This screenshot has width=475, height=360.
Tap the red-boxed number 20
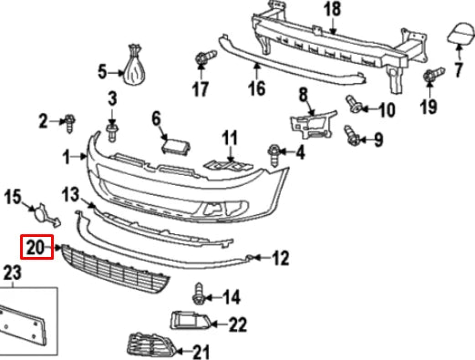(x=36, y=245)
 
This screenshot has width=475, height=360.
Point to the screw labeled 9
(x=349, y=135)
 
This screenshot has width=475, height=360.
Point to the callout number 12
(x=280, y=259)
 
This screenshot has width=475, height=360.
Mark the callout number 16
(x=255, y=88)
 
